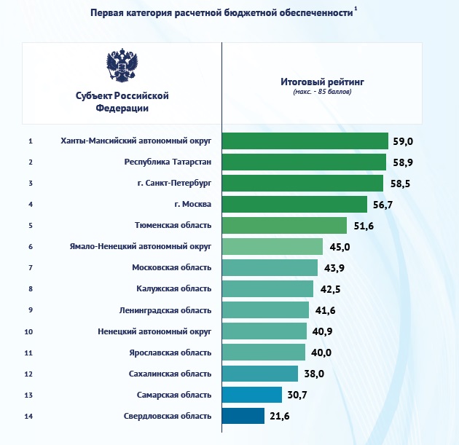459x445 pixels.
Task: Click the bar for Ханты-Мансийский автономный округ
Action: [x=305, y=141]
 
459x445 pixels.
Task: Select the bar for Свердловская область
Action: [x=243, y=416]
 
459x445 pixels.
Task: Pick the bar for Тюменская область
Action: [x=284, y=226]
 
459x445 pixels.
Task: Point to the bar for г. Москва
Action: [x=294, y=205]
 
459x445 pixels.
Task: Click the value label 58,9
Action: [x=401, y=162]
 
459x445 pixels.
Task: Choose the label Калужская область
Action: [x=173, y=289]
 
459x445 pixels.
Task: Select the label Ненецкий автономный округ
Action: [x=154, y=331]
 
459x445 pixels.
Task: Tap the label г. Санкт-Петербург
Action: [x=174, y=184]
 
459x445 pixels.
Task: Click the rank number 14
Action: [x=29, y=417]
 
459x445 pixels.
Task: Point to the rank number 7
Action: [x=30, y=268]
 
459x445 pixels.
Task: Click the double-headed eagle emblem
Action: [x=122, y=66]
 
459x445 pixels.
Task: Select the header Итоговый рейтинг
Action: [x=321, y=82]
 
